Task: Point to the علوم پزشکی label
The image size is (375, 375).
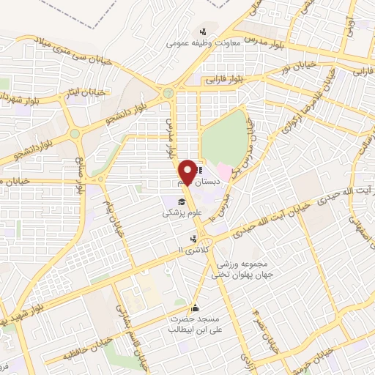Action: (x=179, y=213)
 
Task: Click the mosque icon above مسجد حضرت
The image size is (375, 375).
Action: (x=195, y=308)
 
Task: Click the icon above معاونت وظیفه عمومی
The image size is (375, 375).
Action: (x=204, y=31)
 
